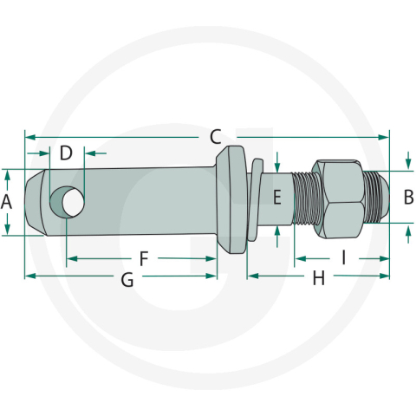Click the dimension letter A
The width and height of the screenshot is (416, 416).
[7, 202]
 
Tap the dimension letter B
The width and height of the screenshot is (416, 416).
[408, 197]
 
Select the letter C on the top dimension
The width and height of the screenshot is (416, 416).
[216, 136]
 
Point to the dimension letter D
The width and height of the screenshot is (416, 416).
[66, 154]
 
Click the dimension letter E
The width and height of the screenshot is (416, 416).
[277, 197]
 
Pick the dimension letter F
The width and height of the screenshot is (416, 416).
[145, 258]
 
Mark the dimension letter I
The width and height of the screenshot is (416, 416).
[343, 257]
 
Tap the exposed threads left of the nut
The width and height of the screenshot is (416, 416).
[304, 199]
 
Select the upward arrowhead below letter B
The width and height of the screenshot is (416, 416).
[408, 229]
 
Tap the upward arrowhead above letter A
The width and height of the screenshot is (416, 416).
[7, 174]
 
